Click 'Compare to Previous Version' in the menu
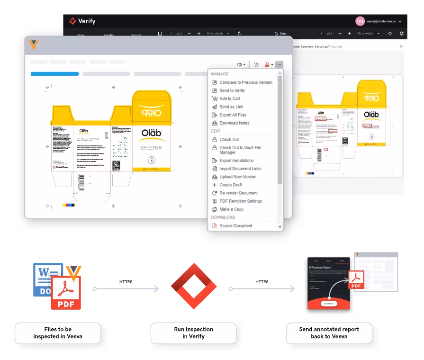click(245, 82)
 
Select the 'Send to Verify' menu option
click(232, 90)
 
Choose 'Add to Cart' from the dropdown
click(229, 99)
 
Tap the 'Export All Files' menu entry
click(233, 115)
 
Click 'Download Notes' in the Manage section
click(234, 123)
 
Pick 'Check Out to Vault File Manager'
click(240, 150)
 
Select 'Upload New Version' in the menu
click(237, 177)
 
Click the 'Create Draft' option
click(230, 185)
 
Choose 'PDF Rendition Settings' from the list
click(240, 201)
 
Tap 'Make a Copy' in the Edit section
click(231, 209)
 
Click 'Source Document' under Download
click(235, 226)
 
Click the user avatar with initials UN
click(360, 21)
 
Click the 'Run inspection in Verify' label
click(193, 333)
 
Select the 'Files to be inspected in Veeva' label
click(58, 333)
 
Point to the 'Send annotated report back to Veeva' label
click(329, 333)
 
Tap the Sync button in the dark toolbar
click(280, 34)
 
